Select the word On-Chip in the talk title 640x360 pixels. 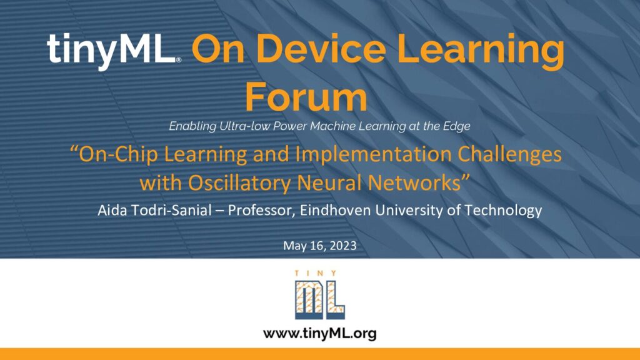pyautogui.click(x=114, y=154)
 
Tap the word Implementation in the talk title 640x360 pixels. pyautogui.click(x=374, y=154)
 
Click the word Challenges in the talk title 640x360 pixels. pyautogui.click(x=509, y=154)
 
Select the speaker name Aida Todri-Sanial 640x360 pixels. pyautogui.click(x=155, y=210)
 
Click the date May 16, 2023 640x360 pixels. pyautogui.click(x=319, y=246)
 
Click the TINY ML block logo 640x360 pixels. pyautogui.click(x=320, y=295)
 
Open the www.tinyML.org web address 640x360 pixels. pyautogui.click(x=319, y=334)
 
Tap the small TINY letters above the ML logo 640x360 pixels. pyautogui.click(x=316, y=273)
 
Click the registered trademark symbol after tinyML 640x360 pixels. pyautogui.click(x=178, y=59)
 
